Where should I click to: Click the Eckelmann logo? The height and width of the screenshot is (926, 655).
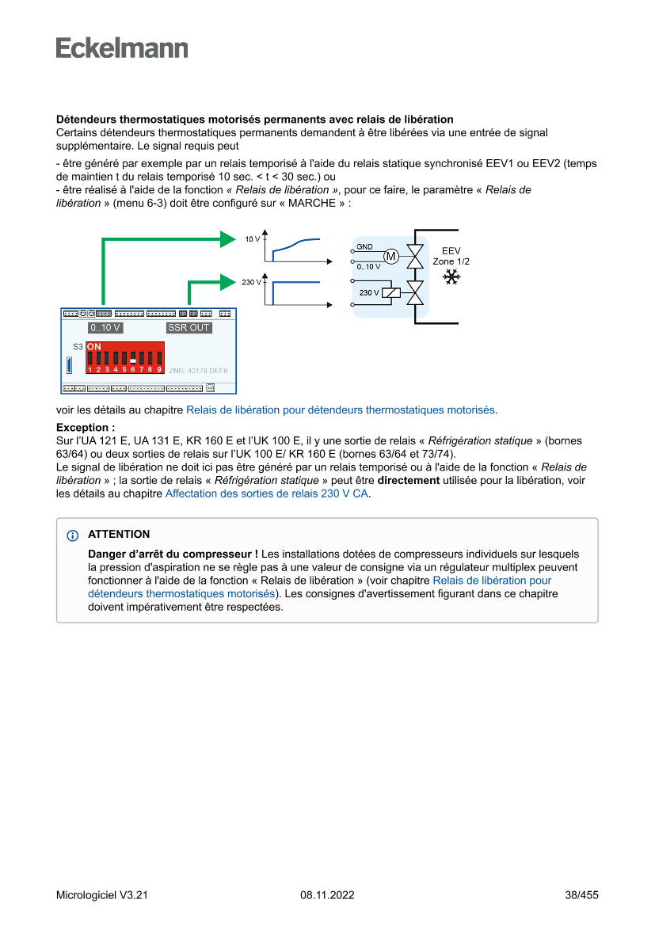coord(122,48)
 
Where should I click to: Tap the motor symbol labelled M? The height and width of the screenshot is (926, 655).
coord(390,255)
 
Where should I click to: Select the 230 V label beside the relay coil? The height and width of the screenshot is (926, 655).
coord(368,293)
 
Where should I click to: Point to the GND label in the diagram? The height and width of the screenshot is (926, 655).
coord(364,246)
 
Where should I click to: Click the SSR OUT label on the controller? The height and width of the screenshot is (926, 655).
coord(189,327)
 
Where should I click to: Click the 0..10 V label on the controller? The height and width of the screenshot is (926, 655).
coord(105,327)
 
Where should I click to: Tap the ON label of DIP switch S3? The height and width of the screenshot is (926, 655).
coord(93,347)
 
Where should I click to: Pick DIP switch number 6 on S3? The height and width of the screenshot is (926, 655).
coord(133,358)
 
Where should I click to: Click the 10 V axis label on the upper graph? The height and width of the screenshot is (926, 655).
coord(252,238)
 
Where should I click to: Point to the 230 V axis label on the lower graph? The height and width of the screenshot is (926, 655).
coord(251,282)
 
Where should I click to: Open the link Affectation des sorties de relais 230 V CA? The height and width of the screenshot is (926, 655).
coord(267,493)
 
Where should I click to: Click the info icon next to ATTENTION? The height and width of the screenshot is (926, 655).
coord(73,535)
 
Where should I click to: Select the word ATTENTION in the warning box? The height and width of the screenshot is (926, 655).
coord(119,535)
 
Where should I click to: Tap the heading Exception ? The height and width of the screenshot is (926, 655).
coord(86,427)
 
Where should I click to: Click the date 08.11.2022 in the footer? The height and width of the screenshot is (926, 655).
coord(327,895)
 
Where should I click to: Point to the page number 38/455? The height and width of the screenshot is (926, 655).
coord(581,895)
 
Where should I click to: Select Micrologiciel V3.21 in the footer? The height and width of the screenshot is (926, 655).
coord(102,895)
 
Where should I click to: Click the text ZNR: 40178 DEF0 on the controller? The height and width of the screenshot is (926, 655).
coord(198,370)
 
